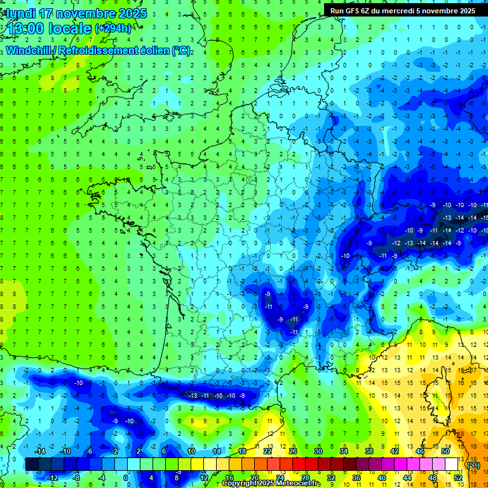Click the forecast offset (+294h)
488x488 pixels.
tap(113, 29)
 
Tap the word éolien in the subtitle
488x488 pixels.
tap(156, 50)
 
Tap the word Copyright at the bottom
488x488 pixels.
tap(242, 484)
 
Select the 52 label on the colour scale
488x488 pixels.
tap(458, 477)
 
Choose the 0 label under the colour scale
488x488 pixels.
tap(126, 477)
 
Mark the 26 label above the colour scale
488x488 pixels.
tap(292, 451)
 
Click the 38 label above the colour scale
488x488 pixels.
tap(369, 451)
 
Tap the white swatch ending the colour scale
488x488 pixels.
tap(451, 464)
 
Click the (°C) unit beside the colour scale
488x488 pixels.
tap(473, 464)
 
